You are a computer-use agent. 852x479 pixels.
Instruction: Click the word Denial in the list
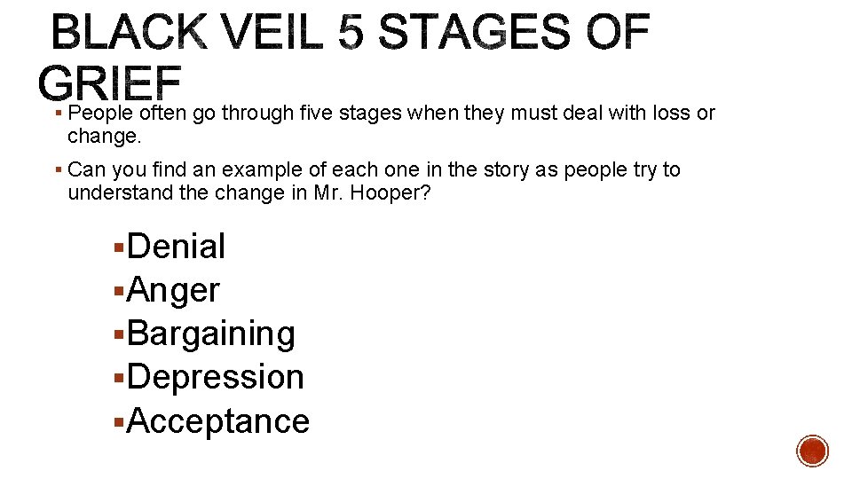177,247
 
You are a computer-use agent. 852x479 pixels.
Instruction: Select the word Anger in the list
173,290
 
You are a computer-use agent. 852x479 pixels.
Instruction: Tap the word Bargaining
211,334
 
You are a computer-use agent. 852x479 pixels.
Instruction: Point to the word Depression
216,377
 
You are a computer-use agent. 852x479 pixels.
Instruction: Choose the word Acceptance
218,420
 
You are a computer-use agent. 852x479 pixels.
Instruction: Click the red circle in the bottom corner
812,451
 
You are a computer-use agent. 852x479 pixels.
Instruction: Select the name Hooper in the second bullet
395,193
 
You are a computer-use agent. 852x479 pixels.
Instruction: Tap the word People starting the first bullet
101,114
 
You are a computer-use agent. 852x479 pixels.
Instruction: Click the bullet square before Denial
120,247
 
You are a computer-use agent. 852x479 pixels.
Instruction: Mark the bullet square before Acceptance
120,421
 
